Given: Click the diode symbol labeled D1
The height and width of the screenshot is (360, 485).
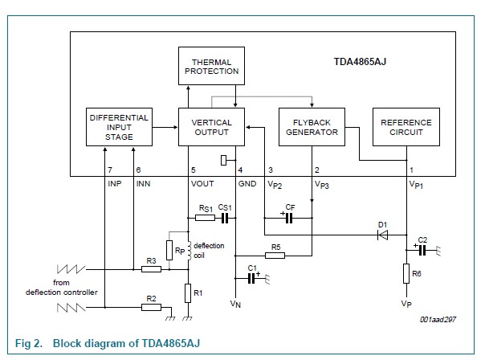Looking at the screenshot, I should pos(383,235).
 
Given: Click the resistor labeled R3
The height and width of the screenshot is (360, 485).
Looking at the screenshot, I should pos(150,269).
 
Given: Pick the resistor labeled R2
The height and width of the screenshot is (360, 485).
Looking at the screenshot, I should pos(150,307).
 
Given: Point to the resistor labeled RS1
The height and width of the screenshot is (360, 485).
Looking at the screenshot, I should pos(206,217).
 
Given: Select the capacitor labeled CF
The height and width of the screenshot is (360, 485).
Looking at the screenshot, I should pos(290,217).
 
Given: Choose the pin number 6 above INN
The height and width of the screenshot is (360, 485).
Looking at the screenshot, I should pos(138,170).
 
